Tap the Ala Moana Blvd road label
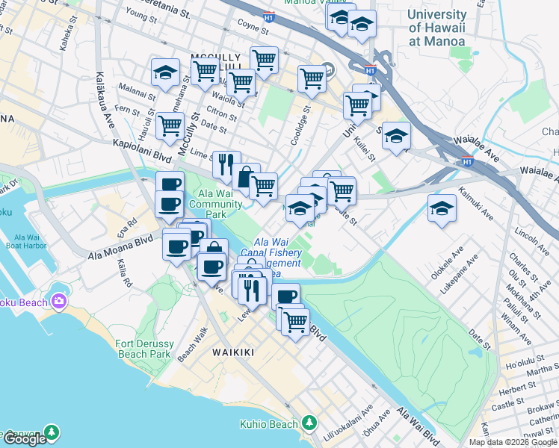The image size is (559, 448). [x=120, y=243]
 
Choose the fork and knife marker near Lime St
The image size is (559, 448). [x=226, y=164]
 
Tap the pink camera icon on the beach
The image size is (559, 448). [x=58, y=302]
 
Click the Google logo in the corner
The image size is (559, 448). [x=25, y=439]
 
